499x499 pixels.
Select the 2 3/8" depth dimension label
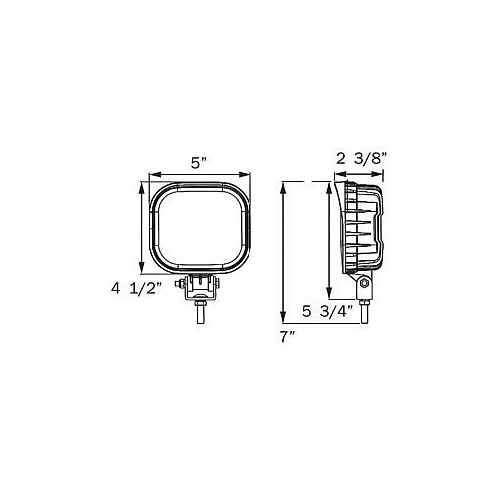pos(361,157)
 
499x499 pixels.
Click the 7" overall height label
pos(289,337)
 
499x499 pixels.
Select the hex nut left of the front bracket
pos(181,287)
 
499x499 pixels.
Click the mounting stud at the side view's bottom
pos(366,308)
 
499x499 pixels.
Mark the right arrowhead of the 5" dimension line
pos(249,175)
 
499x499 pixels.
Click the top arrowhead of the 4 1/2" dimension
pos(141,186)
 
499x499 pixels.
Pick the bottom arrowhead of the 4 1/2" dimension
pos(141,270)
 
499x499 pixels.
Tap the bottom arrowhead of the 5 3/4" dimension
pos(329,286)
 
